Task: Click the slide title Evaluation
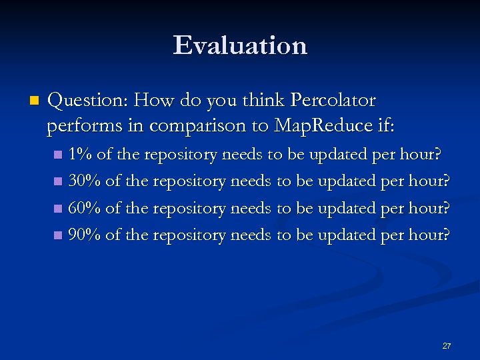point(240,45)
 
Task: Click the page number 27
point(447,346)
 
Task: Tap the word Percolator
point(333,101)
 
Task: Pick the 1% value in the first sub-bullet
point(80,155)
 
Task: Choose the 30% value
point(85,181)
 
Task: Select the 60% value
point(85,208)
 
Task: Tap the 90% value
point(85,235)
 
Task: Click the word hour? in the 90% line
point(428,235)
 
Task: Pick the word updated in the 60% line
point(346,208)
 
